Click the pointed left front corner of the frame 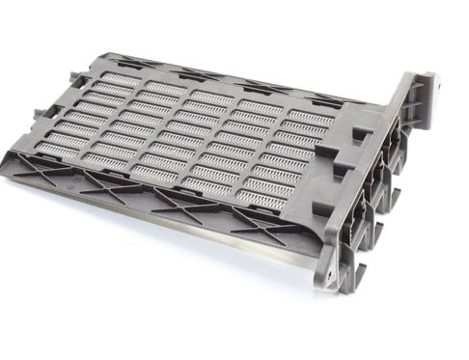(x=12, y=154)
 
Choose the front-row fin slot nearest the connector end (x=263, y=200)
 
